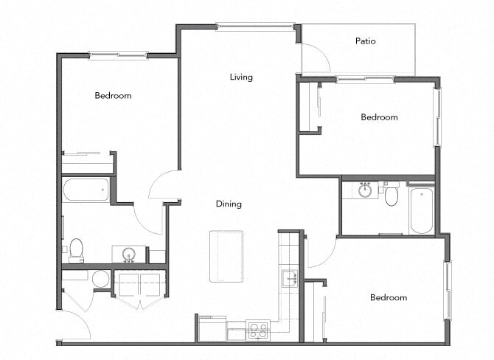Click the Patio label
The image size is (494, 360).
365,41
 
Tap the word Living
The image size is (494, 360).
241,77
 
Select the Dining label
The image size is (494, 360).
229,204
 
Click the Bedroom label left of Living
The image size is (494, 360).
113,95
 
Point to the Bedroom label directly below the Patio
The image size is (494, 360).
379,117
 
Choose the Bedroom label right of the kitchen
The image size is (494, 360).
388,297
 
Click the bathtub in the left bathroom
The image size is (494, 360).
86,190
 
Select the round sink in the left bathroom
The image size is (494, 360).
129,255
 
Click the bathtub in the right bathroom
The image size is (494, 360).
422,210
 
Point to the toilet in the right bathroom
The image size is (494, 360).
392,195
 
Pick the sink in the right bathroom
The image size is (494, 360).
364,190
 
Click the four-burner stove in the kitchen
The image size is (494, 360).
258,329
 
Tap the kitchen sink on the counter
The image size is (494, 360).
289,278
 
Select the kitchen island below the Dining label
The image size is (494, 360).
226,255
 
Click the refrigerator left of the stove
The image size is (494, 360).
212,328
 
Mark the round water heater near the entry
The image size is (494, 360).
101,279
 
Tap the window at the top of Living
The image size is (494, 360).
255,27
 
